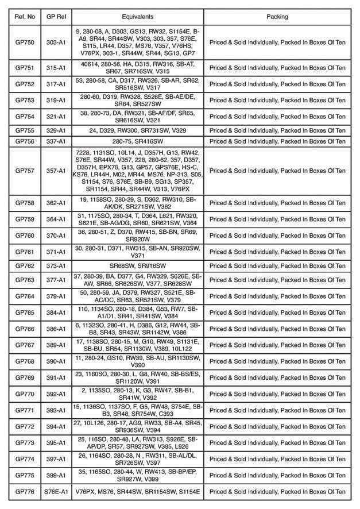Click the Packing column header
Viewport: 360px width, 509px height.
pyautogui.click(x=277, y=17)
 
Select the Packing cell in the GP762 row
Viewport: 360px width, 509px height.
pyautogui.click(x=277, y=266)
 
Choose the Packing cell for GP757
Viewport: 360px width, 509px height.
pyautogui.click(x=277, y=171)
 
